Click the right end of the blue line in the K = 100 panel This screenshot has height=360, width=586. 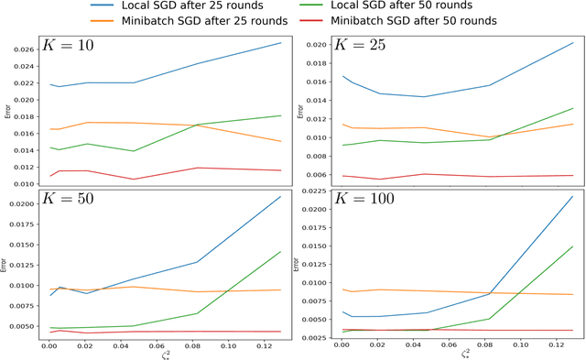573,196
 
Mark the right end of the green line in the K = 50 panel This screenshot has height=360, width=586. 281,251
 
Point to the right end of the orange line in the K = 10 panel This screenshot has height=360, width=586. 281,141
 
